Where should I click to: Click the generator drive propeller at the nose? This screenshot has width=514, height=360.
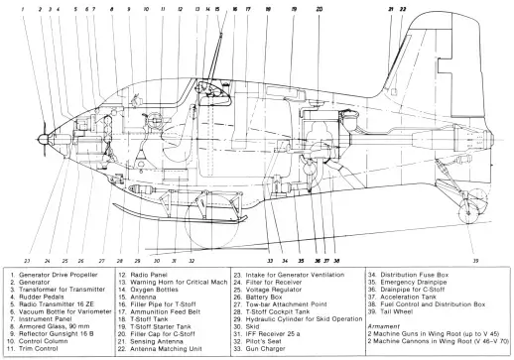(x=44, y=139)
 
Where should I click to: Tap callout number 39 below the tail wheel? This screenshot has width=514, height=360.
(x=475, y=261)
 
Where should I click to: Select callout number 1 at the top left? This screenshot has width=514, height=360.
(x=23, y=9)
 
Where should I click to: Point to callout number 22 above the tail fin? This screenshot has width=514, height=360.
(x=403, y=9)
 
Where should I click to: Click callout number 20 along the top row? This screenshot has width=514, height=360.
(x=319, y=9)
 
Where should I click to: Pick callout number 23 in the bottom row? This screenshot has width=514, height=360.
(x=27, y=261)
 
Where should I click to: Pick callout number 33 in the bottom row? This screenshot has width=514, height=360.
(x=270, y=261)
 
